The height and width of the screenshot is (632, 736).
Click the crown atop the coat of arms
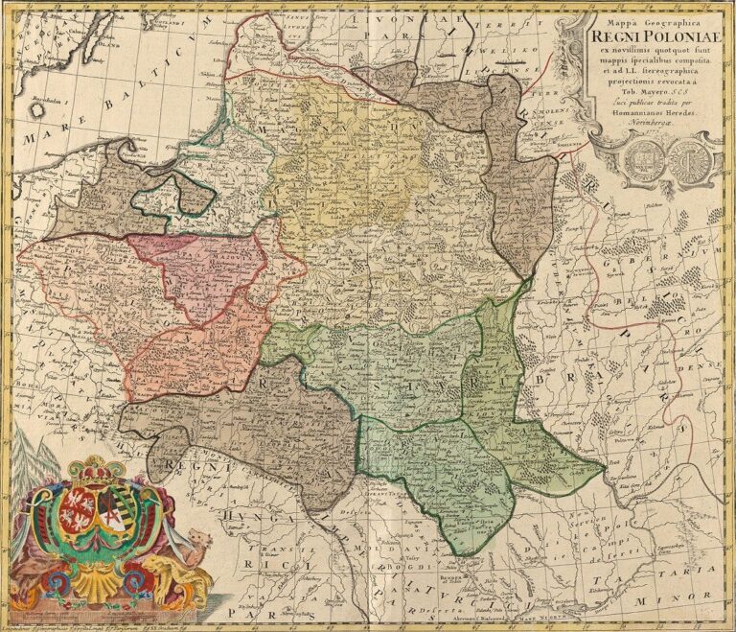95,469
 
